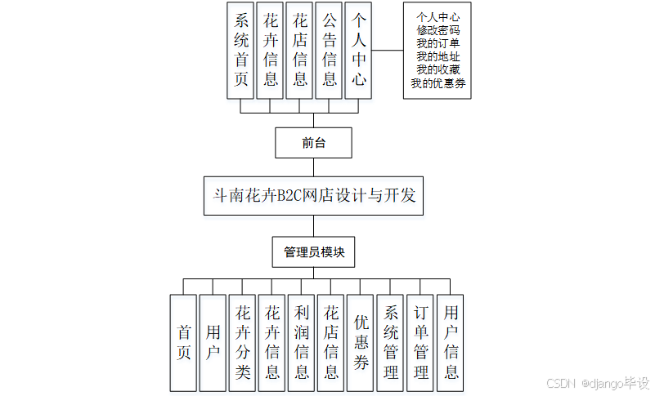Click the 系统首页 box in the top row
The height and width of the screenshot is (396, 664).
point(240,51)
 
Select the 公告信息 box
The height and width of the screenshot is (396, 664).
point(329,51)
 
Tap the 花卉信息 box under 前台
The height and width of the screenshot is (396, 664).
point(270,51)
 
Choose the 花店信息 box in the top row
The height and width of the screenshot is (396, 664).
point(299,51)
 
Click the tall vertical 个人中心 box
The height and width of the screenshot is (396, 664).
point(358,51)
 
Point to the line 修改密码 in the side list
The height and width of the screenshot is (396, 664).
point(437,29)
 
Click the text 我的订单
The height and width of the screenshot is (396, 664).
point(437,43)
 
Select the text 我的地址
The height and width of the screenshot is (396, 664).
point(437,56)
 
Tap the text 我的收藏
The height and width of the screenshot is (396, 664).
point(437,69)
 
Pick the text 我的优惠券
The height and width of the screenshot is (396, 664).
point(437,83)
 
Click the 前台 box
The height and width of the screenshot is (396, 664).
point(314,142)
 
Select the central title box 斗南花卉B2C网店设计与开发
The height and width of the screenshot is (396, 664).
point(314,196)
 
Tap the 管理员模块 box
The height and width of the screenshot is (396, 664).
point(314,252)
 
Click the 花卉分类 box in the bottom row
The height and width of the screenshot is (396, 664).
point(243,342)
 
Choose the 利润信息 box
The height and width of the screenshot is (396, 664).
point(302,342)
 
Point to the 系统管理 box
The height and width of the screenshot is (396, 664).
point(390,342)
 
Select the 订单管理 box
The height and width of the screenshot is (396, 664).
point(419,342)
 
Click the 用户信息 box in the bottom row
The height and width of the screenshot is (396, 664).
point(450,342)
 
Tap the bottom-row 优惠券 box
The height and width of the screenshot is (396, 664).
point(361,342)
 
